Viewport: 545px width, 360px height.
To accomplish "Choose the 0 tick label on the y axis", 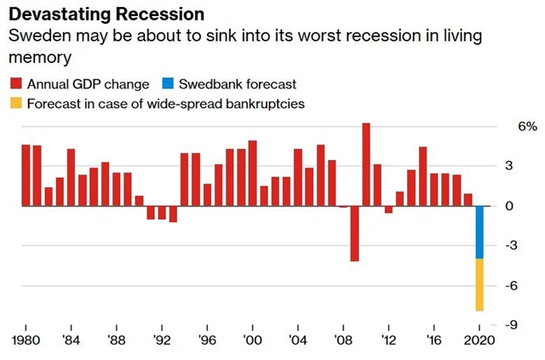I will [508, 206].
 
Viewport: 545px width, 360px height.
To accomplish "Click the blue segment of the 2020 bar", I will [479, 232].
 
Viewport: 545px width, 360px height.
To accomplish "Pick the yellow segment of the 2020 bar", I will [479, 285].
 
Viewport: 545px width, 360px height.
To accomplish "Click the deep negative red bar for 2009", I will [354, 233].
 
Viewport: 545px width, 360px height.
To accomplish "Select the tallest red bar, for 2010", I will [366, 164].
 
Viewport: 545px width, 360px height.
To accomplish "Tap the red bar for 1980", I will [26, 175].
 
